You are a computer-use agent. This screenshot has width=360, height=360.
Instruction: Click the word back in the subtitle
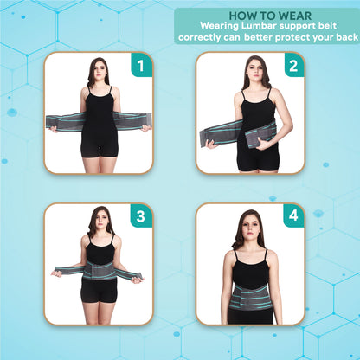tap(341, 38)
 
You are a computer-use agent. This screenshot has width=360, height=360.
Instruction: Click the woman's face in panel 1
tap(98, 71)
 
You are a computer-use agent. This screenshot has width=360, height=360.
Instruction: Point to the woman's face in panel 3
tap(99, 220)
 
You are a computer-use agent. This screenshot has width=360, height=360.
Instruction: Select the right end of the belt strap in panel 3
tap(133, 274)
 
